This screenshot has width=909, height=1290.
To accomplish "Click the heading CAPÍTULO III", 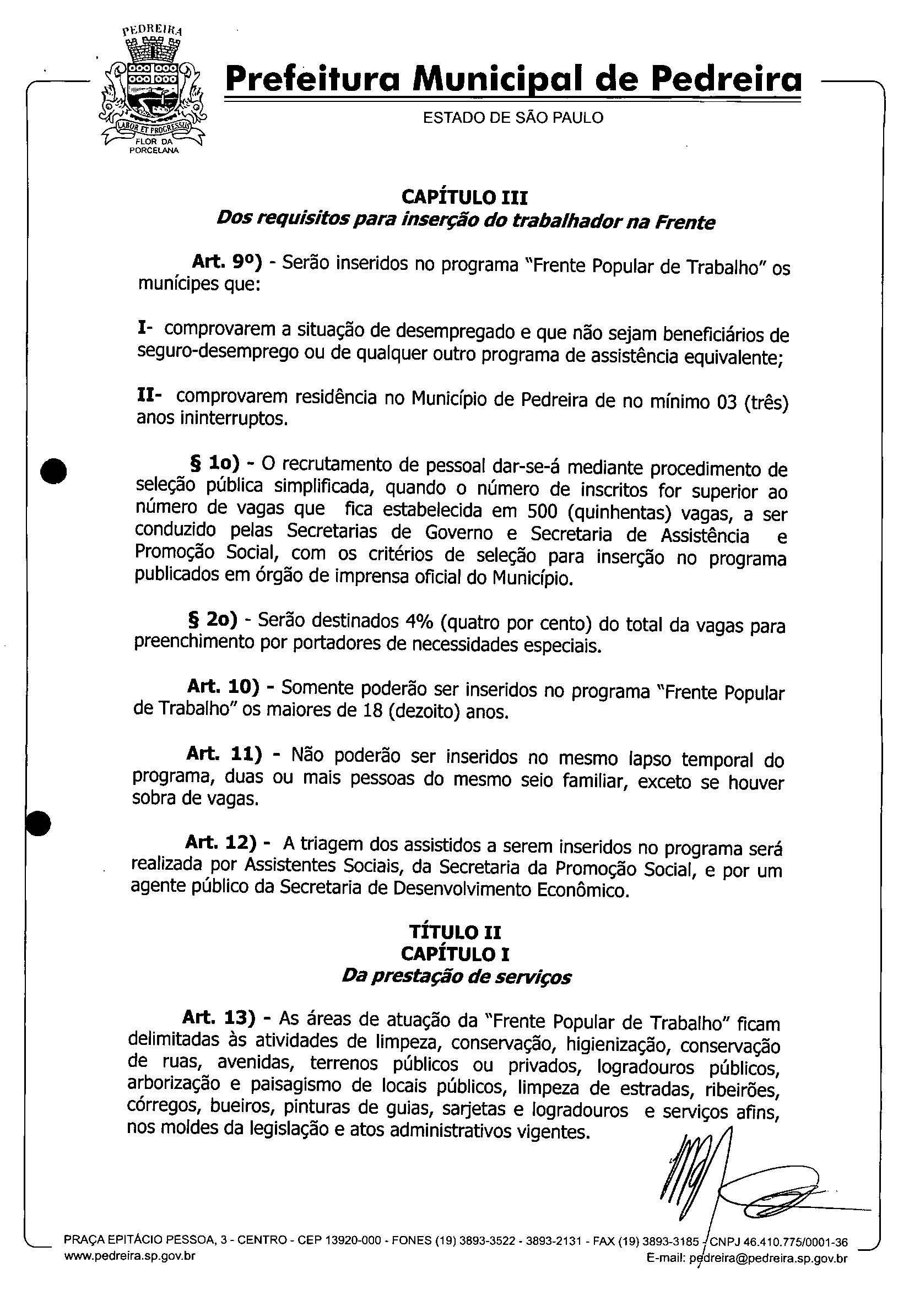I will click(x=464, y=198).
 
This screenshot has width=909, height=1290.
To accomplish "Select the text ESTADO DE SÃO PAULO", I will click(x=513, y=118).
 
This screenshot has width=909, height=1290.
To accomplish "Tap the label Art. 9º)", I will click(x=227, y=261).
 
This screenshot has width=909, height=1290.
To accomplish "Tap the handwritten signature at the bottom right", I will click(x=731, y=1177).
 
